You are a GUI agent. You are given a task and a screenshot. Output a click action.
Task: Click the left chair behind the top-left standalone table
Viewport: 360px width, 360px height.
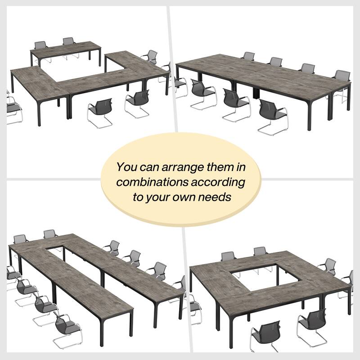[x=41, y=47]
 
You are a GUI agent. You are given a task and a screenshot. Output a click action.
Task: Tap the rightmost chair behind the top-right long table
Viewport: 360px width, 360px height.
[x=342, y=81]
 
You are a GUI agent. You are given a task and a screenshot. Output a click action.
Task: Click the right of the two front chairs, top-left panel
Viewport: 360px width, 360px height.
[x=137, y=102]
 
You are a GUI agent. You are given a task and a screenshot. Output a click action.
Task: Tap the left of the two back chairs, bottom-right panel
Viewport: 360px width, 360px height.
[x=228, y=257]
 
